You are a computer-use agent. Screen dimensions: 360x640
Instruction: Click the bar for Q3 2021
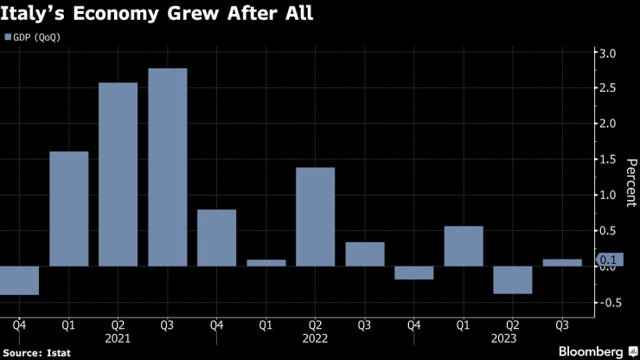pyautogui.click(x=167, y=167)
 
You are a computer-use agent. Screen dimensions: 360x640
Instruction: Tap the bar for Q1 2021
pyautogui.click(x=68, y=209)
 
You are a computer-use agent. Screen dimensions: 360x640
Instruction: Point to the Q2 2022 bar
pyautogui.click(x=315, y=216)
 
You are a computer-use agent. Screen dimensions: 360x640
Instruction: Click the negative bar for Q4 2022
pyautogui.click(x=413, y=273)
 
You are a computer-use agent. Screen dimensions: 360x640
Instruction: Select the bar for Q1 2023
pyautogui.click(x=463, y=246)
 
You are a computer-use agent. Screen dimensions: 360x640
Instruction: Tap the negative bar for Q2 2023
pyautogui.click(x=512, y=280)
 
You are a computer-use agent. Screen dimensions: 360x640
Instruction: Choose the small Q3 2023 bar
pyautogui.click(x=561, y=262)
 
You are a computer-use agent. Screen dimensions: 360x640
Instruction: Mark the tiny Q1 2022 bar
pyautogui.click(x=266, y=262)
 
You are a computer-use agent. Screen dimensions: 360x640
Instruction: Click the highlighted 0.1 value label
pyautogui.click(x=610, y=259)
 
